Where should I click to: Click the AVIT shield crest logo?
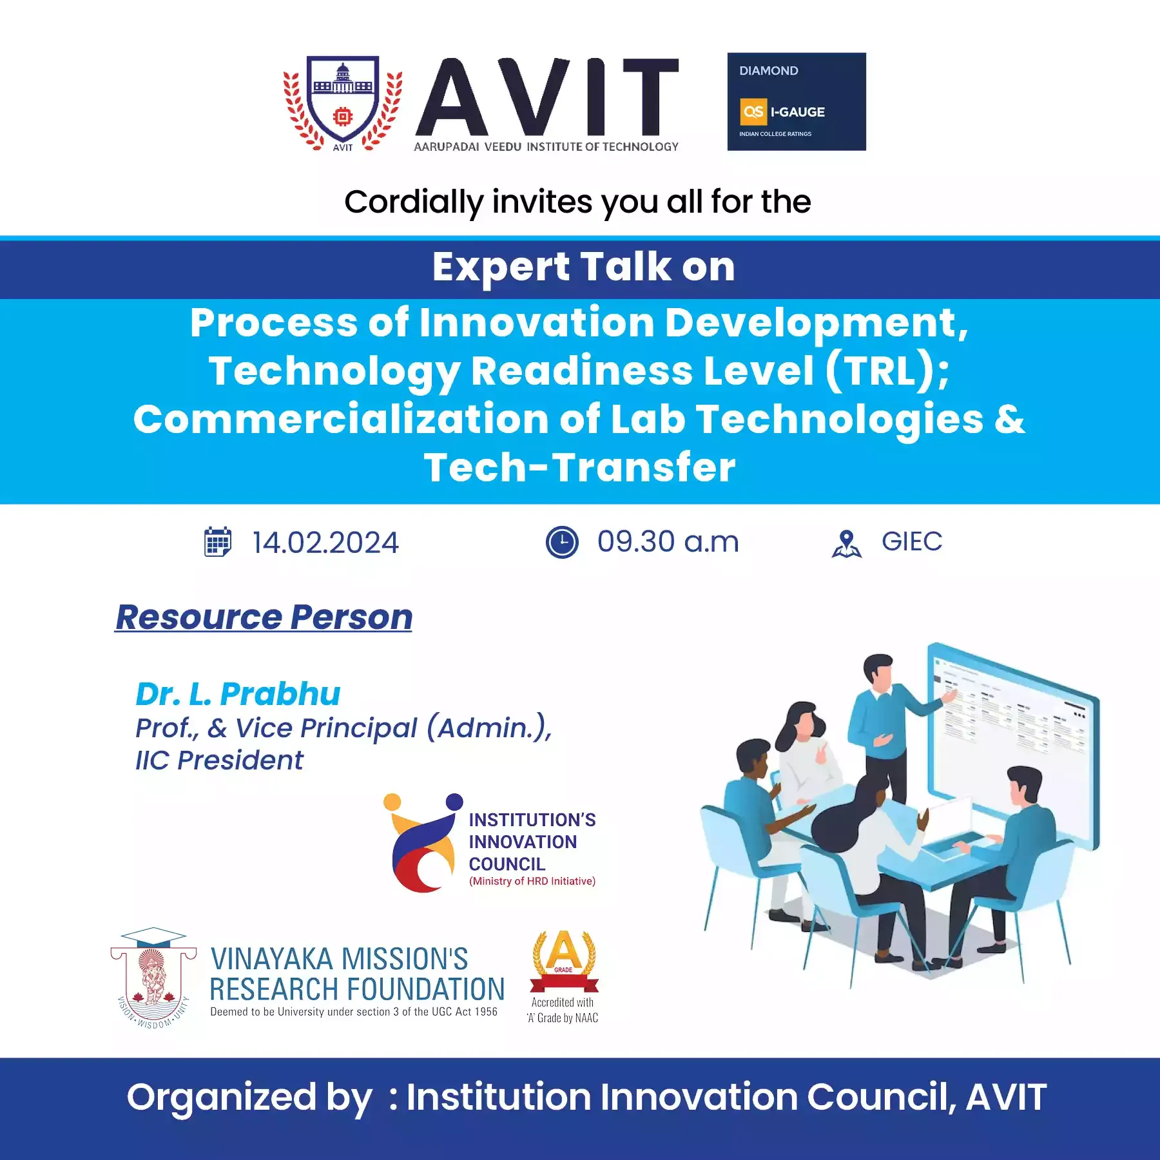tap(343, 103)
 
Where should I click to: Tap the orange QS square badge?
tap(753, 111)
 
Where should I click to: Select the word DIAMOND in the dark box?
tap(768, 71)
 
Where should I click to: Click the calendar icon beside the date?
tap(218, 541)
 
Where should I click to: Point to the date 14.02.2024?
tap(325, 543)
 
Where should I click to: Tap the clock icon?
tap(562, 542)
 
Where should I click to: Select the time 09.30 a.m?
tap(668, 541)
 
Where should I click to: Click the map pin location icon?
tap(846, 543)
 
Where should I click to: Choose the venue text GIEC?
tap(912, 541)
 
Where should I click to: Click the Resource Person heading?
tap(264, 617)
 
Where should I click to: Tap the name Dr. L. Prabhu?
tap(238, 694)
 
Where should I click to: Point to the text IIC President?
tap(219, 760)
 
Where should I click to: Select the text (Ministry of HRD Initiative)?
tap(532, 881)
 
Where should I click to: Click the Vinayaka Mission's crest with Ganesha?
tap(153, 978)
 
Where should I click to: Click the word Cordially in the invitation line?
tap(414, 202)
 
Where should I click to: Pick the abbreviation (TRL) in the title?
tap(880, 371)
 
